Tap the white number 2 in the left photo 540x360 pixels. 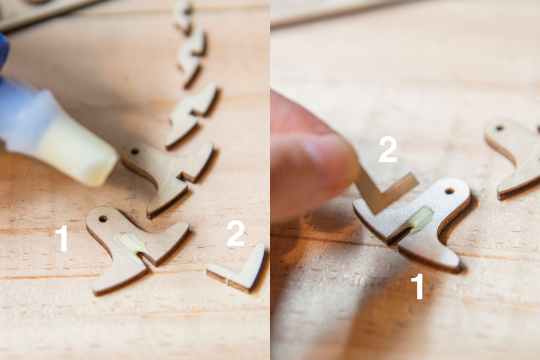[x=236, y=234]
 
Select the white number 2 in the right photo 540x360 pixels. [x=388, y=149]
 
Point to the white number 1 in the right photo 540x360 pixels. [x=418, y=286]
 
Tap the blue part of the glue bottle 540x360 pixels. [x=4, y=52]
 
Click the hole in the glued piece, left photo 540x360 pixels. [x=103, y=219]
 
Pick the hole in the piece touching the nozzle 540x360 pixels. [x=134, y=151]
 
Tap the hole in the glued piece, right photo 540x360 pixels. [x=449, y=191]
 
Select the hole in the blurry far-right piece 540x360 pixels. [x=499, y=129]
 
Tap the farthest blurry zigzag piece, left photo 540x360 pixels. [x=183, y=15]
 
